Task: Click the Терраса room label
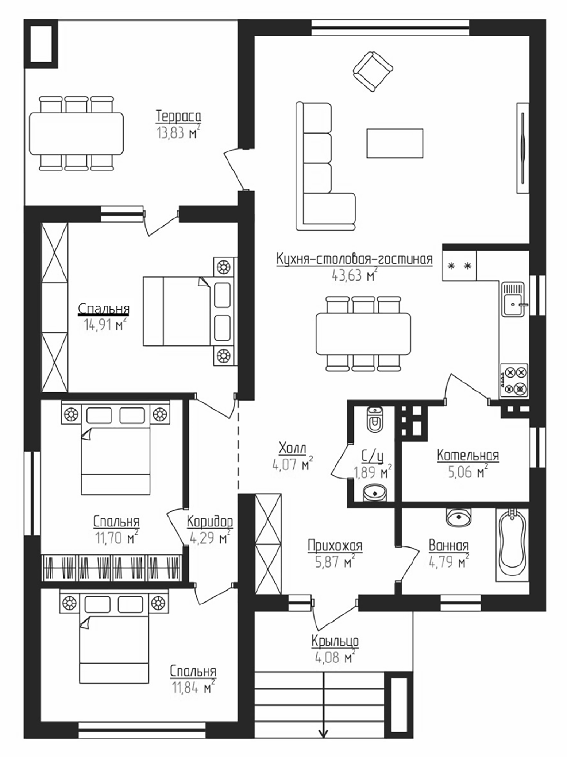pyautogui.click(x=178, y=116)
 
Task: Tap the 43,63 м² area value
pyautogui.click(x=354, y=275)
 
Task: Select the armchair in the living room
pyautogui.click(x=373, y=71)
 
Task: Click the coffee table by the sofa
pyautogui.click(x=394, y=143)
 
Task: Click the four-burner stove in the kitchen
pyautogui.click(x=514, y=381)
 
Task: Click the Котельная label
pyautogui.click(x=467, y=455)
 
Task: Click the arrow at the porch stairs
pyautogui.click(x=323, y=732)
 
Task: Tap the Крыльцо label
pyautogui.click(x=335, y=641)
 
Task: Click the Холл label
pyautogui.click(x=292, y=448)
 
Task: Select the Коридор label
pyautogui.click(x=209, y=522)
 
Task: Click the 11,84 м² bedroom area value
pyautogui.click(x=193, y=688)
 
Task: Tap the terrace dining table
pyautogui.click(x=76, y=133)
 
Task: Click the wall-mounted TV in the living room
pyautogui.click(x=522, y=147)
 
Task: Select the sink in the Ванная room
pyautogui.click(x=459, y=517)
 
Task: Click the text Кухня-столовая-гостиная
pyautogui.click(x=354, y=259)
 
